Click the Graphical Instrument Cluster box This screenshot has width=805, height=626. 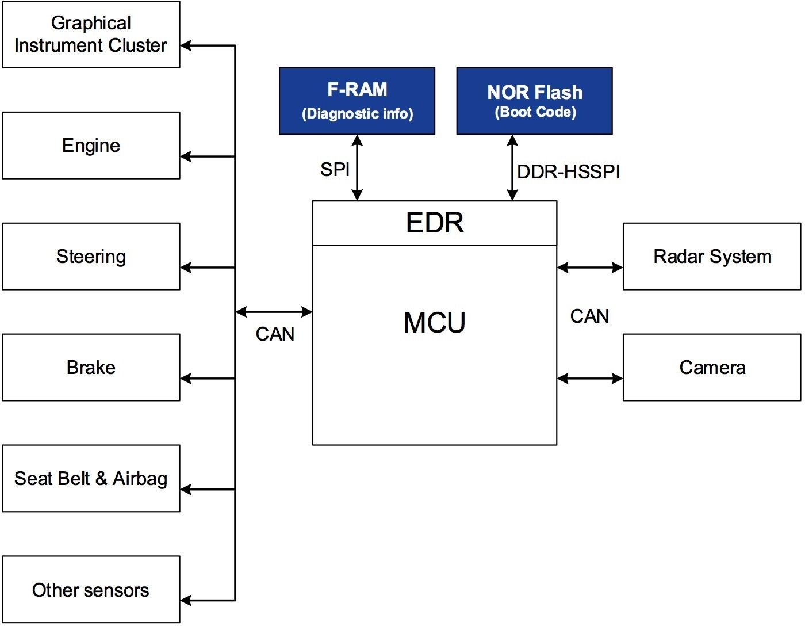point(91,35)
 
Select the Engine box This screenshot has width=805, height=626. point(91,146)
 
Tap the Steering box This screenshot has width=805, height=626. point(91,257)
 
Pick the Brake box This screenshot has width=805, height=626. point(91,368)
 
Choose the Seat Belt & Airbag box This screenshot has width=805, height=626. point(91,479)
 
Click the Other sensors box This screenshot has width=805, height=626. point(91,590)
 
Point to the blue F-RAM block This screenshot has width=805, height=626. point(357,101)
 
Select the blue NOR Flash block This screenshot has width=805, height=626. point(534,101)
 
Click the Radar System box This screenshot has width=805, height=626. point(712,257)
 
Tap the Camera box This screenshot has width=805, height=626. point(712,368)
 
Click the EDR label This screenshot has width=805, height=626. point(435,223)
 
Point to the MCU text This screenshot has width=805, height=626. point(435,323)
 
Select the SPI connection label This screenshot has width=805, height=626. point(335,170)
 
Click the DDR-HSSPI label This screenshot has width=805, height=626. point(569,172)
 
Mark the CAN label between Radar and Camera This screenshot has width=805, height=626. point(589,316)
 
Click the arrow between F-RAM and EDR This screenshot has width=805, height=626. point(357,167)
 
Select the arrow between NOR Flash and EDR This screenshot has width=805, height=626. point(512,167)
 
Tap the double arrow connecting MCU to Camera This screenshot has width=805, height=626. point(590,379)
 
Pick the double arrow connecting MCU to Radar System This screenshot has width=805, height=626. point(590,268)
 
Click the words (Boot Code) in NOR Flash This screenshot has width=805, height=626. point(535,112)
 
